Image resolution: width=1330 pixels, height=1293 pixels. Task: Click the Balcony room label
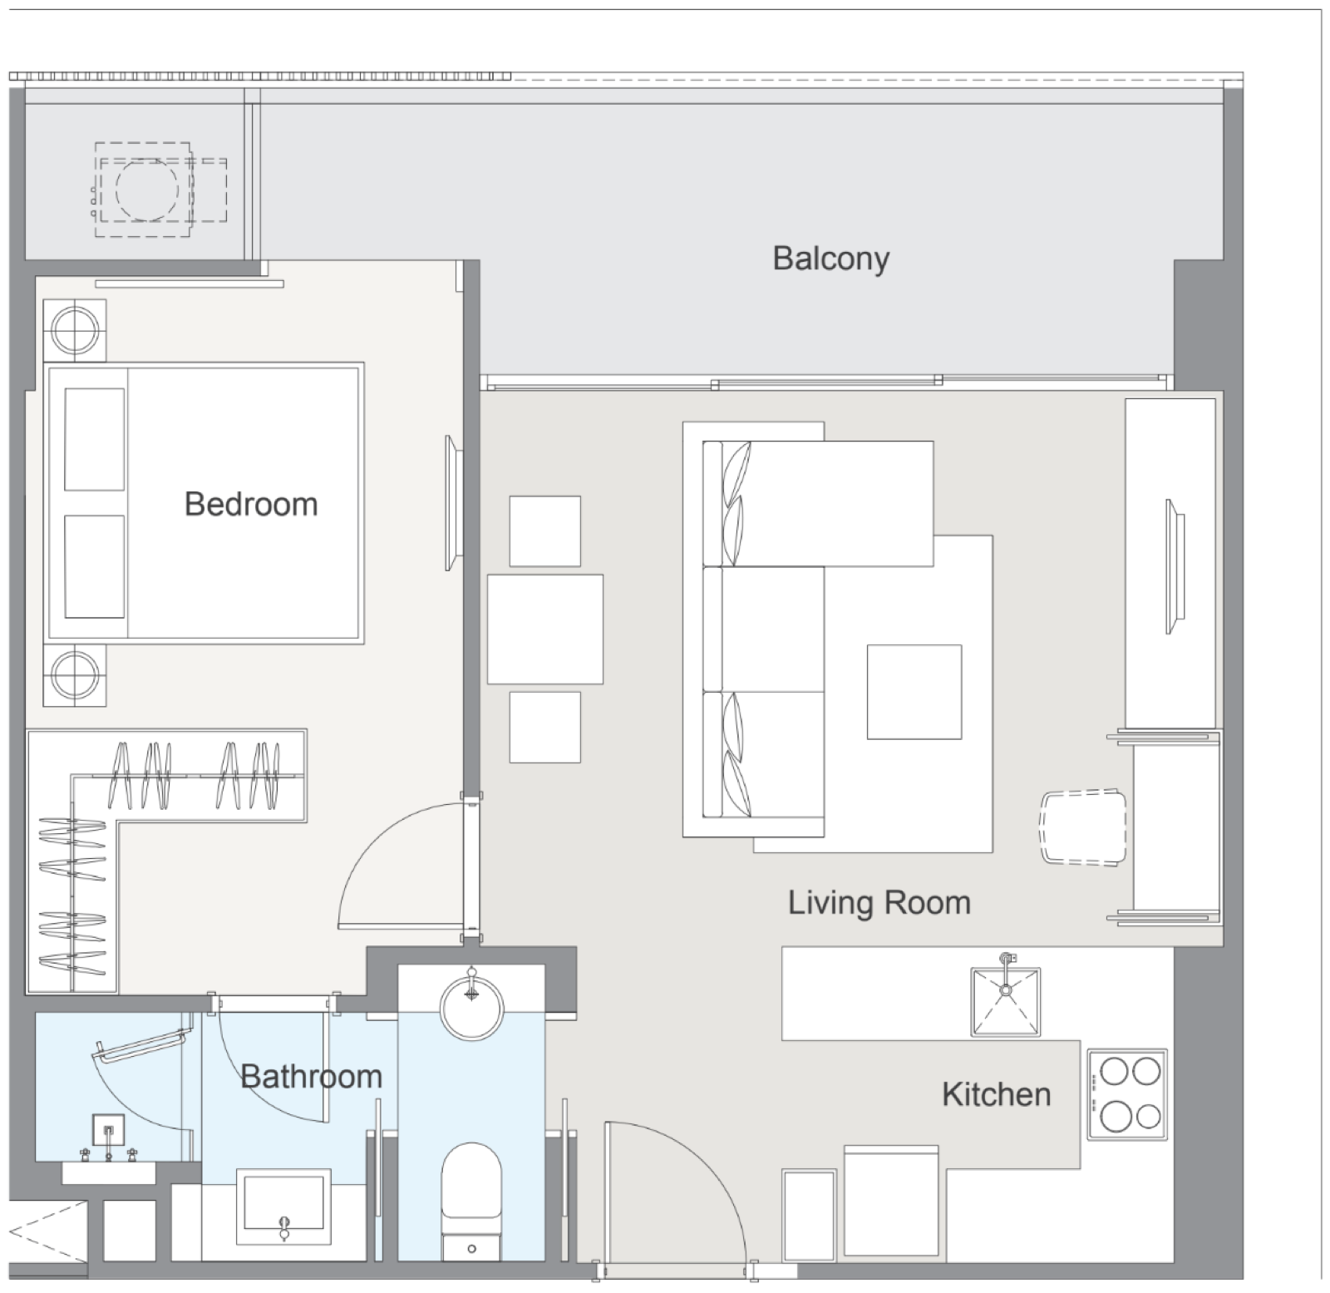830,259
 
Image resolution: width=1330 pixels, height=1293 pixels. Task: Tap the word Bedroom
251,504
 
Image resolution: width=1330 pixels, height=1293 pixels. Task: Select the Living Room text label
879,903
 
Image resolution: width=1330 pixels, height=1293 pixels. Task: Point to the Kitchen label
996,1094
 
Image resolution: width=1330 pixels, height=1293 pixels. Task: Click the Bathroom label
311,1077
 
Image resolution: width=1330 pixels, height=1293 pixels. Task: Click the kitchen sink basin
1006,1001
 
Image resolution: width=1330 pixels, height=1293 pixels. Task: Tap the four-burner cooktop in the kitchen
1127,1093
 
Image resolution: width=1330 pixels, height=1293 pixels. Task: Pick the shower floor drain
108,1131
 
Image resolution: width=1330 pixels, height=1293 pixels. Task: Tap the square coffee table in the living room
914,692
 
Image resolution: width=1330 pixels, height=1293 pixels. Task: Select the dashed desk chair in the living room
1084,828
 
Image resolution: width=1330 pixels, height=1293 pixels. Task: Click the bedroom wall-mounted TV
451,502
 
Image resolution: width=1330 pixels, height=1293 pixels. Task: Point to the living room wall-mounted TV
1175,566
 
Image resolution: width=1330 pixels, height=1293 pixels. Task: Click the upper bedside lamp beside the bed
75,330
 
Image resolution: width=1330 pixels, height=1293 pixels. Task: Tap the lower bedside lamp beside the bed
75,674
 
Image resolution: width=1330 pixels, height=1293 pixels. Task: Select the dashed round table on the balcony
146,190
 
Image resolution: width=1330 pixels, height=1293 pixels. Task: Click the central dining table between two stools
545,629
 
